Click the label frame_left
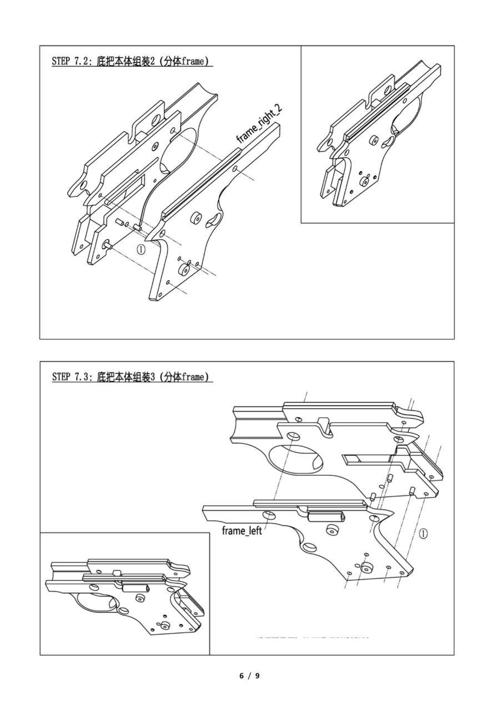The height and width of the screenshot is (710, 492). coord(242,531)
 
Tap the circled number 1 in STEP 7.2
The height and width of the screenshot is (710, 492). coord(141,249)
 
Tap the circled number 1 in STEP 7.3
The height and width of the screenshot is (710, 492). coord(423,534)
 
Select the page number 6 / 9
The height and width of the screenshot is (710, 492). coord(249,675)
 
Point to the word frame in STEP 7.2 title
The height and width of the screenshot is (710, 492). coord(193,62)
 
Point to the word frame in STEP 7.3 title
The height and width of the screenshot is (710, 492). coord(193,377)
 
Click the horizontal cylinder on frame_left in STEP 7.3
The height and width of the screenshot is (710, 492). coord(325,517)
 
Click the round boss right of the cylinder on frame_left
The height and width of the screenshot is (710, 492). coord(333,530)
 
